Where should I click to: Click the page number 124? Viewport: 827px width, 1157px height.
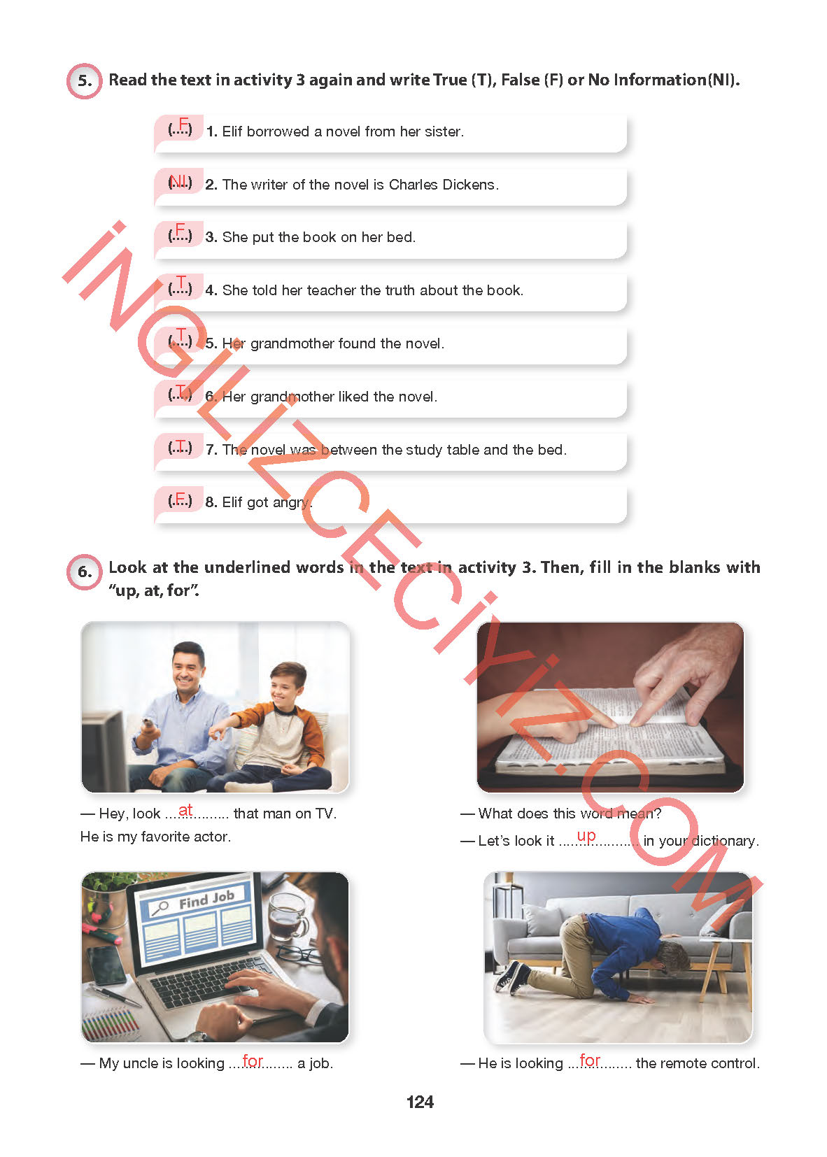[419, 1102]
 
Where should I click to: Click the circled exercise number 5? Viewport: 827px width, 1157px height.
[84, 80]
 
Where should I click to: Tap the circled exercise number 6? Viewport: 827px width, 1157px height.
[84, 572]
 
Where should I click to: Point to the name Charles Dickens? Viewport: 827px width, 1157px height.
[443, 185]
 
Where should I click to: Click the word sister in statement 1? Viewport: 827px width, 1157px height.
[444, 132]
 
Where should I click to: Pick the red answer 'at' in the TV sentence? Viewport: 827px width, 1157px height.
[185, 810]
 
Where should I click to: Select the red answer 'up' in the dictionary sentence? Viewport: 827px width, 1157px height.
[586, 836]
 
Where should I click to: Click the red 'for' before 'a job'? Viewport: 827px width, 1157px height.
[253, 1060]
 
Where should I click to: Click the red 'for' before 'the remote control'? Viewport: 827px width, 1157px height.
[590, 1060]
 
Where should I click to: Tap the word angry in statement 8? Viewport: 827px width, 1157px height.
[291, 502]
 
